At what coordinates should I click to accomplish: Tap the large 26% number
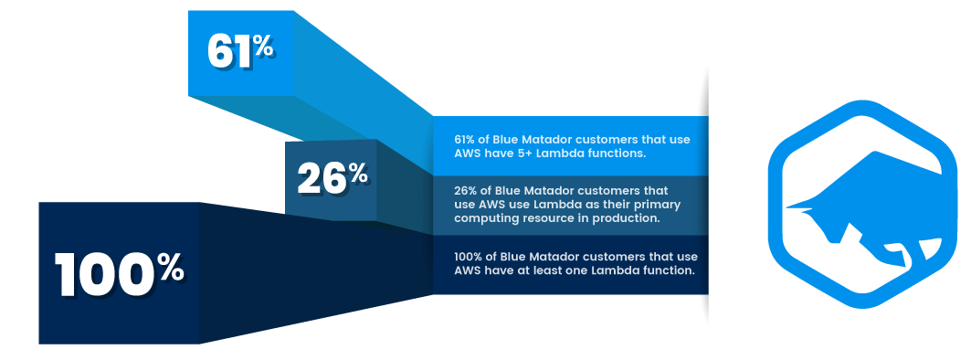click(x=332, y=178)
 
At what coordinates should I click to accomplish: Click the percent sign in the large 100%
click(x=169, y=269)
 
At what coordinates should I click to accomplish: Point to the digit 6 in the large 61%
click(x=222, y=52)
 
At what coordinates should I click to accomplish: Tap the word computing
click(x=485, y=218)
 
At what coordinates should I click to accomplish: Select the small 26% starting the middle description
click(x=467, y=191)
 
